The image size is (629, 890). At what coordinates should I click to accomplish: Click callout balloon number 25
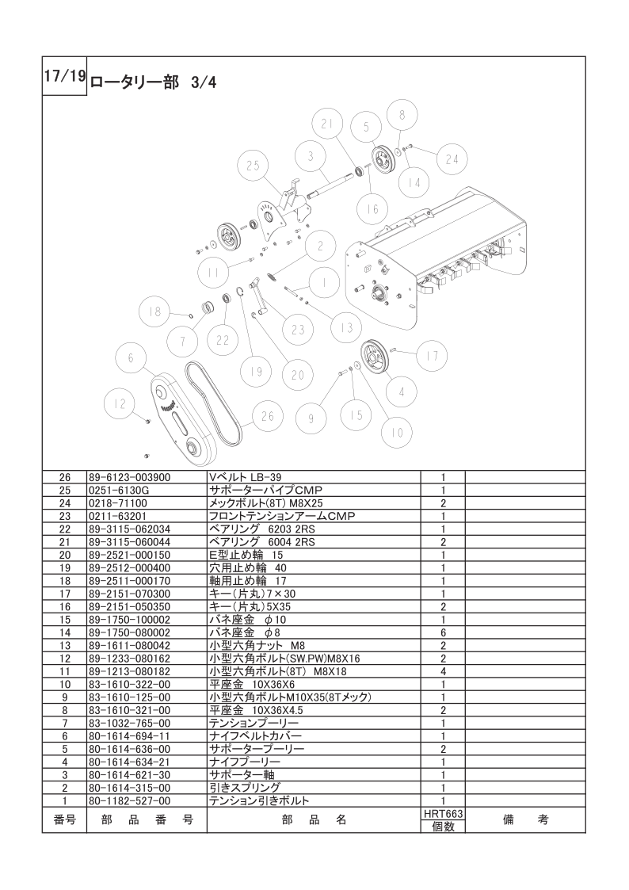(x=254, y=166)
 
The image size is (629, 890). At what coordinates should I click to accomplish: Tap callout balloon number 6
(x=132, y=357)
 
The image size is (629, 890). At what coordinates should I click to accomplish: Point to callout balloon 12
(x=120, y=404)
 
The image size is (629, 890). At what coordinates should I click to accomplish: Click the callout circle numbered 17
(x=432, y=357)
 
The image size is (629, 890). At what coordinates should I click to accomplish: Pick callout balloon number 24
(x=452, y=159)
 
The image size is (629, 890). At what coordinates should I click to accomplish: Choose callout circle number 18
(x=155, y=311)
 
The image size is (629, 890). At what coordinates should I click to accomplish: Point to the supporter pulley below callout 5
(x=383, y=160)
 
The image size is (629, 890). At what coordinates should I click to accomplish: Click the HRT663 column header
(x=443, y=814)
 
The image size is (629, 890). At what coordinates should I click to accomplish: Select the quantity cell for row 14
(x=443, y=634)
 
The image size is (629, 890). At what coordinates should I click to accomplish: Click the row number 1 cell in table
(x=65, y=800)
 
